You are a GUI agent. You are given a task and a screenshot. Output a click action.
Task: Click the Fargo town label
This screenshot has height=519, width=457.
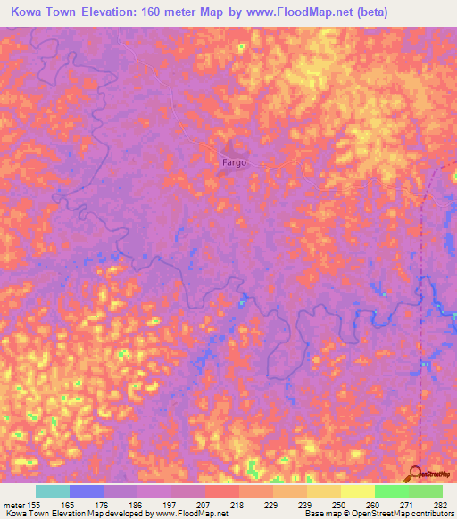[234, 163]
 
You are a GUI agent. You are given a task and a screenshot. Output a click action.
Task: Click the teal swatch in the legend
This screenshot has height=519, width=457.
[52, 491]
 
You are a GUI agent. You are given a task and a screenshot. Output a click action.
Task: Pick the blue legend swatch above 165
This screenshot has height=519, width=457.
[86, 491]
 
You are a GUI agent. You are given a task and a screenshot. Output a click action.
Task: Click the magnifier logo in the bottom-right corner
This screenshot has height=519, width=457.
[416, 474]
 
